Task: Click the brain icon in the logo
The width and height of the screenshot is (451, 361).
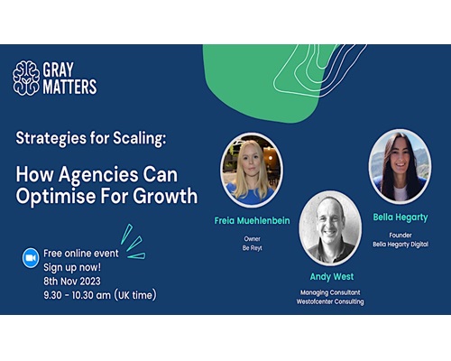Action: tap(26, 78)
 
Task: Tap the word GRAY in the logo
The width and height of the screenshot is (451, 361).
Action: tap(59, 69)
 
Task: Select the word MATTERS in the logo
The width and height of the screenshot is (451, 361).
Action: tap(69, 87)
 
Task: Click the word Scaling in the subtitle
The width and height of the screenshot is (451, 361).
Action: tap(139, 139)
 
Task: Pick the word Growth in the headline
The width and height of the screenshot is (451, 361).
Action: tap(165, 196)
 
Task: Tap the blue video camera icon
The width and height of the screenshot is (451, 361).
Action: tap(31, 258)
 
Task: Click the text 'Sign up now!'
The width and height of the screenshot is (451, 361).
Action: tap(72, 267)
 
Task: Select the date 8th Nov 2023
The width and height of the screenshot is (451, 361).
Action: tap(72, 281)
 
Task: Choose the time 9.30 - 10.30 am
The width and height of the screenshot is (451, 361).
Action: tap(77, 295)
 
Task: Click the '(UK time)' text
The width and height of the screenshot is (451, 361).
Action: tap(135, 295)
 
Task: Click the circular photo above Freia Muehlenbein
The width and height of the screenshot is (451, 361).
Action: tap(252, 170)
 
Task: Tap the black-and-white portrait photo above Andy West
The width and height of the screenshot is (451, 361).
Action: tap(330, 228)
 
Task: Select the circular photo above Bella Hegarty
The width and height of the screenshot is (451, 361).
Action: tap(400, 166)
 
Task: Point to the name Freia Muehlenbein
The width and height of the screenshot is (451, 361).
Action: tap(252, 220)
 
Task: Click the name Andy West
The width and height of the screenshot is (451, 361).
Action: tap(332, 277)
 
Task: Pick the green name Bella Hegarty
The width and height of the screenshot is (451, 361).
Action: tap(400, 218)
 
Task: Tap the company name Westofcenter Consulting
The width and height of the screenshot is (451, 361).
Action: tap(330, 301)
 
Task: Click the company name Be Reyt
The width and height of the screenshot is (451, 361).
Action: tap(253, 248)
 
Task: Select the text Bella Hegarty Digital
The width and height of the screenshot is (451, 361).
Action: tap(400, 245)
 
